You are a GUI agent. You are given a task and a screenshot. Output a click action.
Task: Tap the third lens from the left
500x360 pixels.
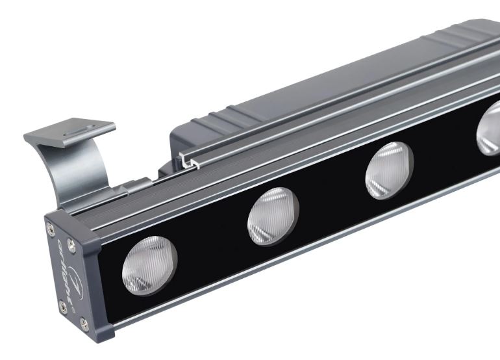point(390,169)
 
